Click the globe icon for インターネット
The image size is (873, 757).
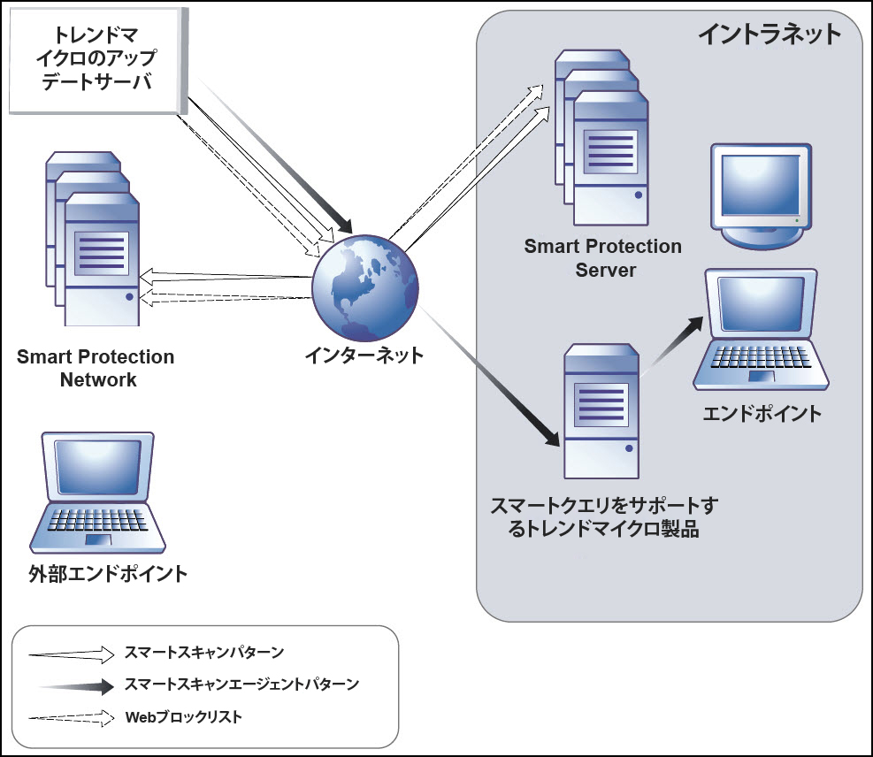[364, 288]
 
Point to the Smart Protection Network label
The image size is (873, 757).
[96, 369]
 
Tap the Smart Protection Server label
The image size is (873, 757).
[603, 257]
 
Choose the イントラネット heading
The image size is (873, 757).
[769, 34]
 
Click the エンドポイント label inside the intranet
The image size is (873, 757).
[762, 413]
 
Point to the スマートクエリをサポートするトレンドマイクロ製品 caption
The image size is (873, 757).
[605, 517]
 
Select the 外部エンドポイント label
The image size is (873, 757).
[108, 573]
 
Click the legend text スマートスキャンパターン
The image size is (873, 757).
[204, 654]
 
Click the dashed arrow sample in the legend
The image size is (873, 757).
[71, 716]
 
